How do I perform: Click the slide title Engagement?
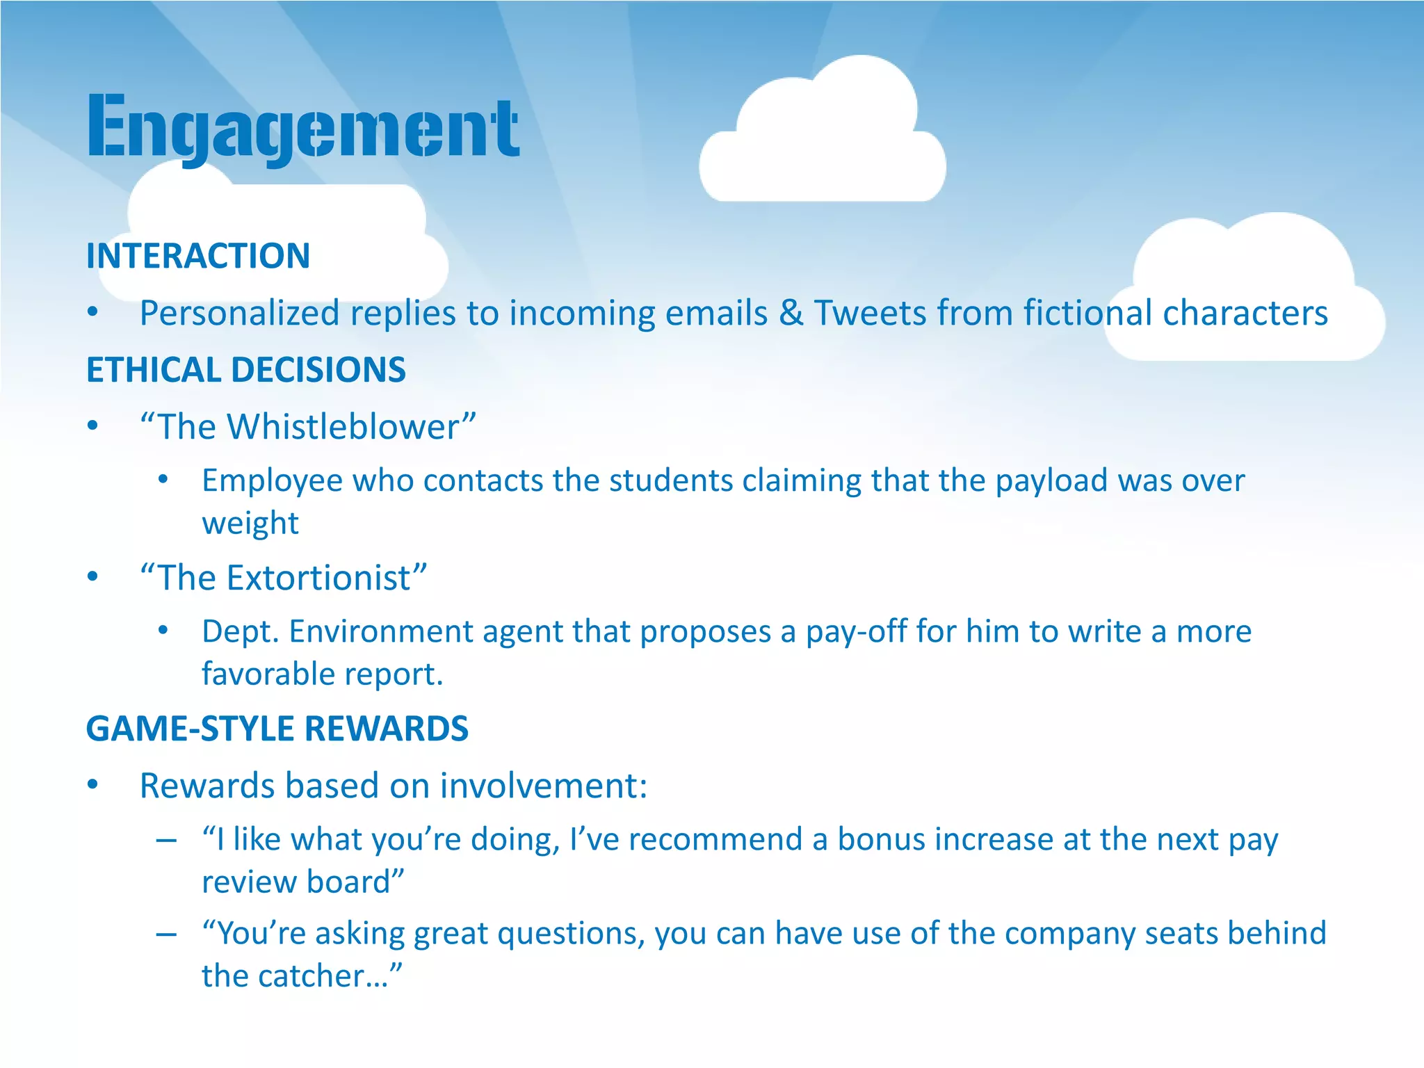pyautogui.click(x=303, y=129)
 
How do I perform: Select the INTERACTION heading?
pyautogui.click(x=198, y=256)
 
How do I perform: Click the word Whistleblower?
pyautogui.click(x=343, y=427)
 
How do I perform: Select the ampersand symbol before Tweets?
pyautogui.click(x=791, y=313)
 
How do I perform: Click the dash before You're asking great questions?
pyautogui.click(x=165, y=934)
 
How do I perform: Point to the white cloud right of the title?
pyautogui.click(x=823, y=139)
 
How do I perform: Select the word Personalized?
pyautogui.click(x=239, y=314)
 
